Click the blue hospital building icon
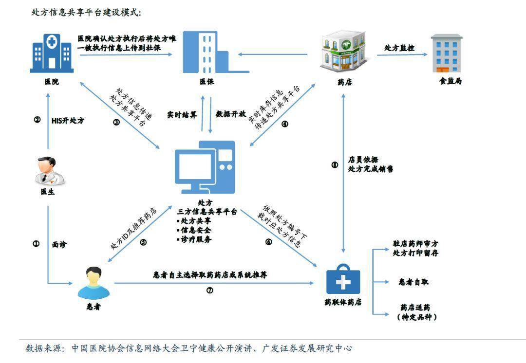[x=51, y=53]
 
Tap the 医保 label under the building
[x=207, y=82]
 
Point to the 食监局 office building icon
[x=447, y=53]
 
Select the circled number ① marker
[x=37, y=244]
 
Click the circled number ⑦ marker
[x=210, y=291]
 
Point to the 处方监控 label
[x=399, y=48]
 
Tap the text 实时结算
[x=182, y=115]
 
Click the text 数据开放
[x=231, y=115]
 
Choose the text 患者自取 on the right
[x=414, y=282]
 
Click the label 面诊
[x=59, y=245]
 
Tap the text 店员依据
[x=363, y=159]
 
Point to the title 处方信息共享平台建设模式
[x=86, y=13]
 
